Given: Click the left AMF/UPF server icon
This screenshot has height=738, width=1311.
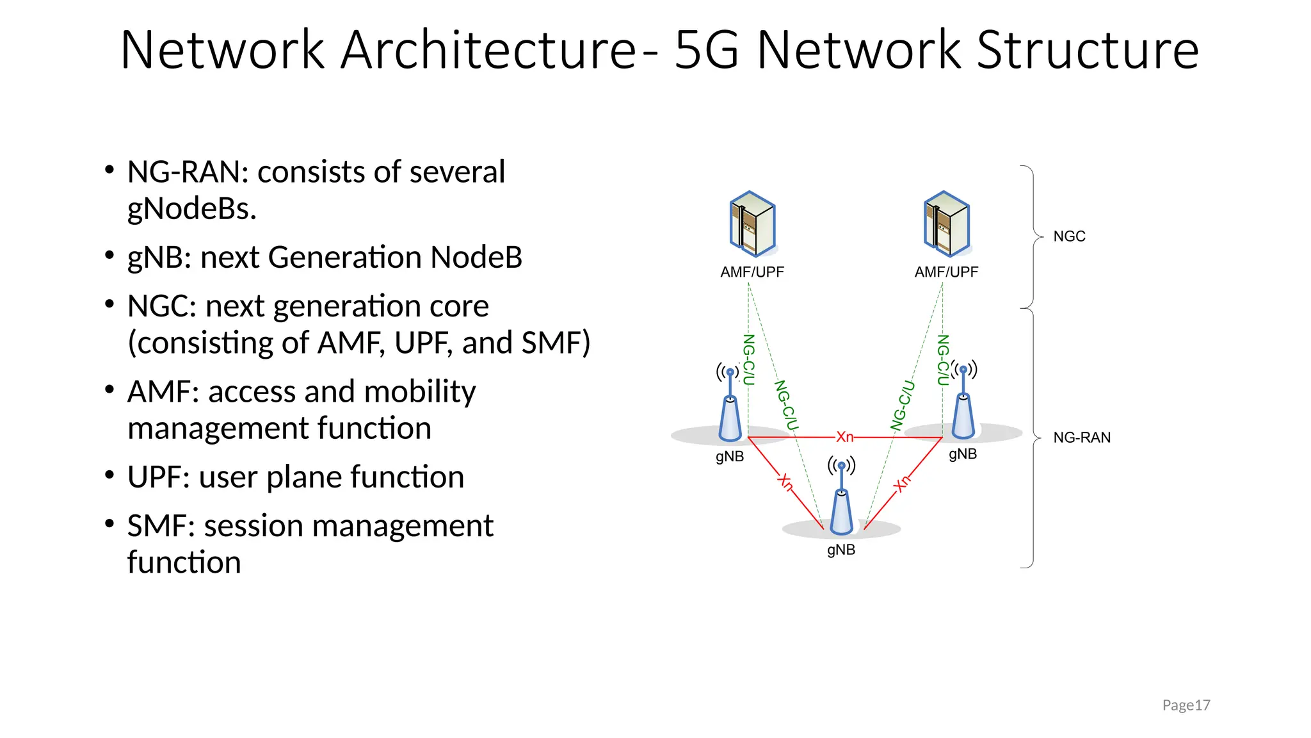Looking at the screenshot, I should pos(753,224).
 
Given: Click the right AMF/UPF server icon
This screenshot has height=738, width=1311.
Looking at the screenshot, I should pos(947,224).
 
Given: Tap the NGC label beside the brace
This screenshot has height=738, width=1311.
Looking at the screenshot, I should pos(1069,236).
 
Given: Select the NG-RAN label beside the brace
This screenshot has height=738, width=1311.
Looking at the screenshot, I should pos(1082,438).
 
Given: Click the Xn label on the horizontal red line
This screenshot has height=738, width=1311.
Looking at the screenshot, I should pos(845,437).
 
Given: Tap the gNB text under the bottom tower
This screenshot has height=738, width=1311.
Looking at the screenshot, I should pos(841,550).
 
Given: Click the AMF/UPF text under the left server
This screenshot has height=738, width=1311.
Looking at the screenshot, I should pos(752,272).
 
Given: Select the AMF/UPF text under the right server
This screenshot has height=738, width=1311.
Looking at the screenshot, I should pos(946,272).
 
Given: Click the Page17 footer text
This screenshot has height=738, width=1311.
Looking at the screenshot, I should pos(1186,705).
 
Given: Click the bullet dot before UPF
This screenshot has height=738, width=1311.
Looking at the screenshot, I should pos(109,475).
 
